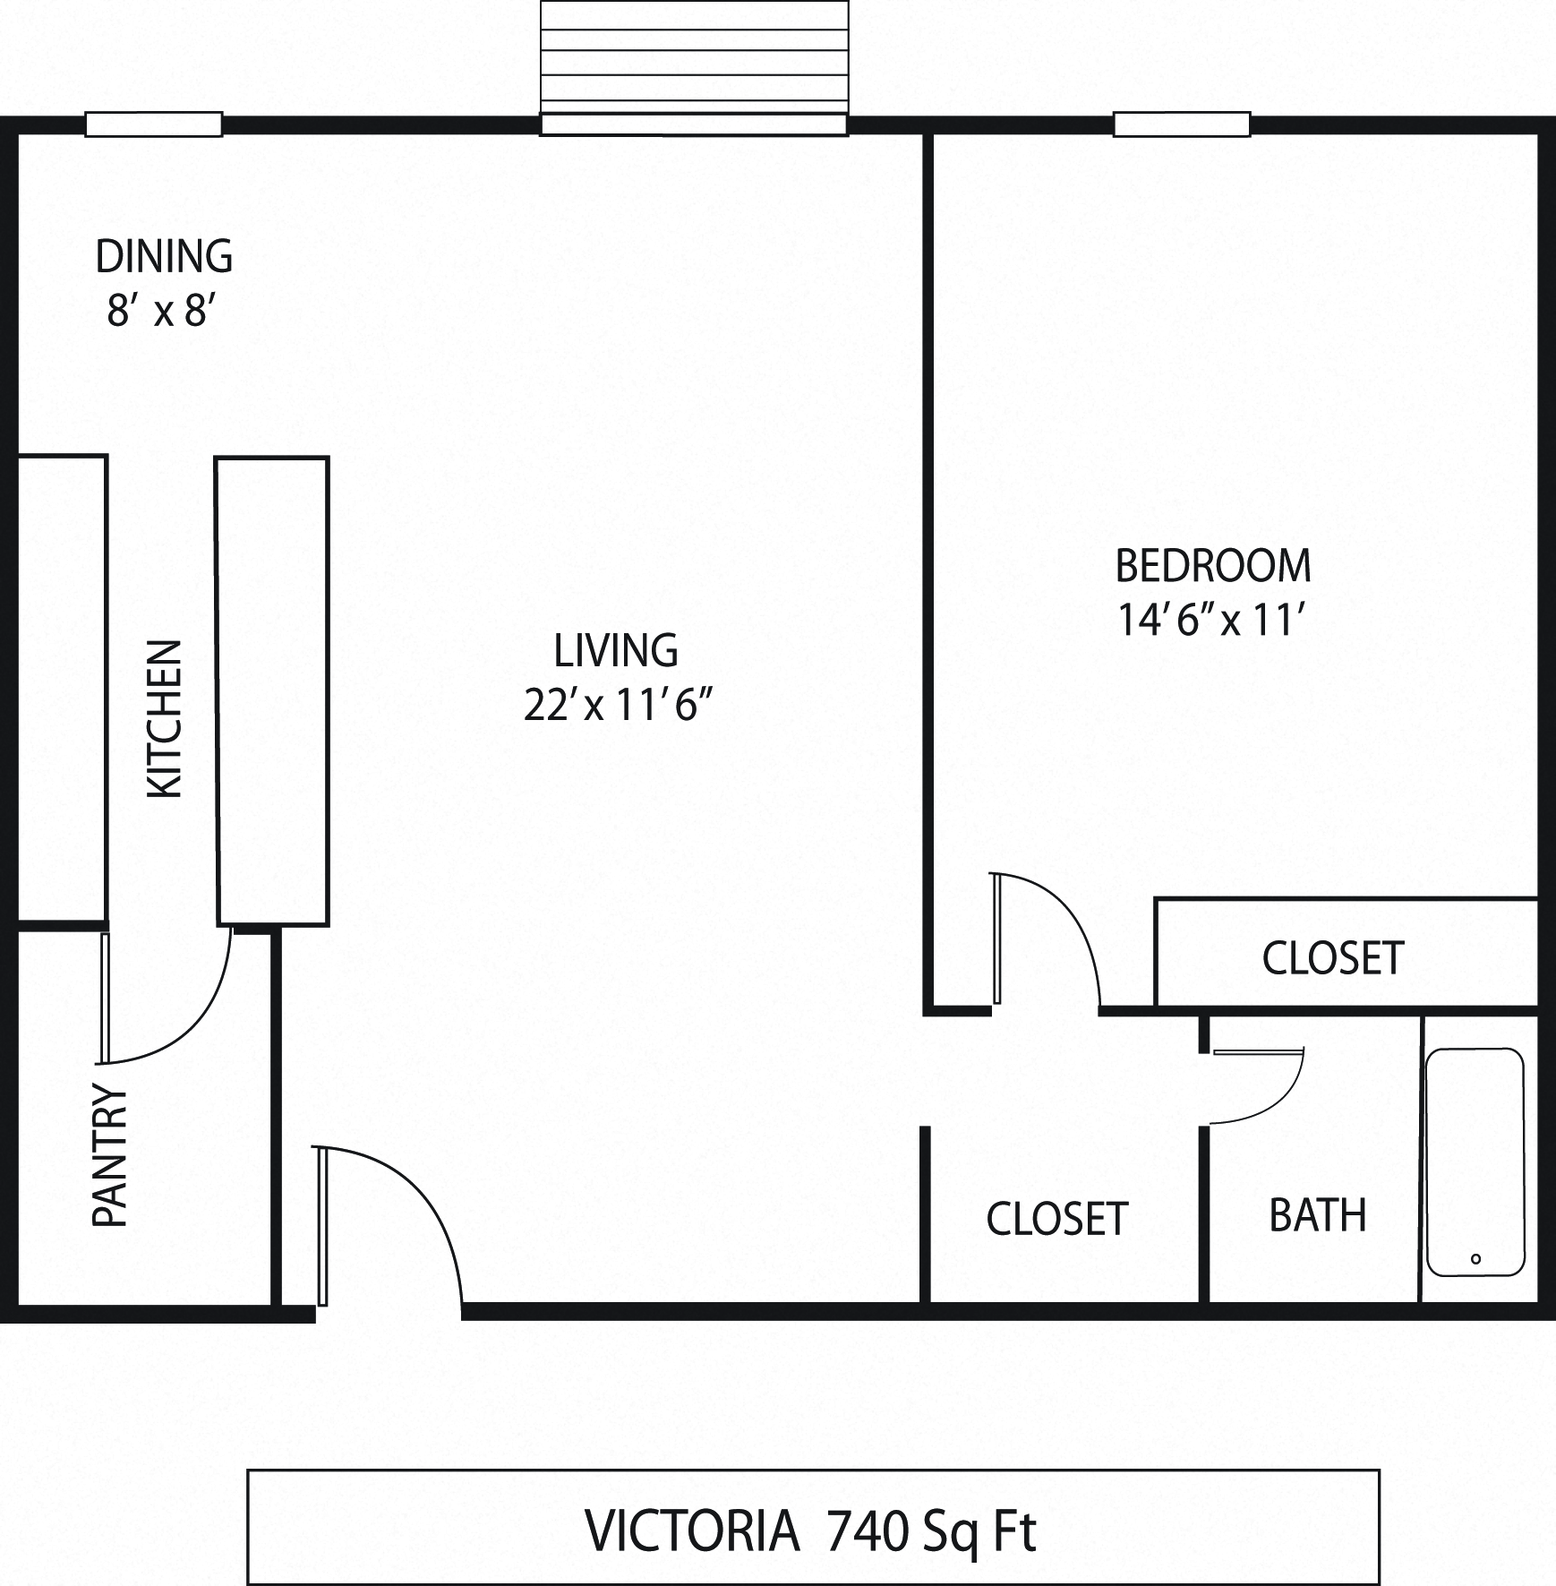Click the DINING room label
(164, 257)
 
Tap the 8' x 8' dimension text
(162, 313)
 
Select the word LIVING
(616, 651)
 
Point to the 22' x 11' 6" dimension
(617, 707)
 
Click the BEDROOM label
(1213, 566)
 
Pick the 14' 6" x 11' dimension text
(1214, 621)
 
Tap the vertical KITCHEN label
(165, 718)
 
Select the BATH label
(1318, 1216)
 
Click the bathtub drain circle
(1475, 1259)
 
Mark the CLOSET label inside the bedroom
(1333, 958)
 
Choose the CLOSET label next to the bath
(1056, 1219)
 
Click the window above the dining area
(153, 124)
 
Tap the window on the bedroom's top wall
(1181, 124)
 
